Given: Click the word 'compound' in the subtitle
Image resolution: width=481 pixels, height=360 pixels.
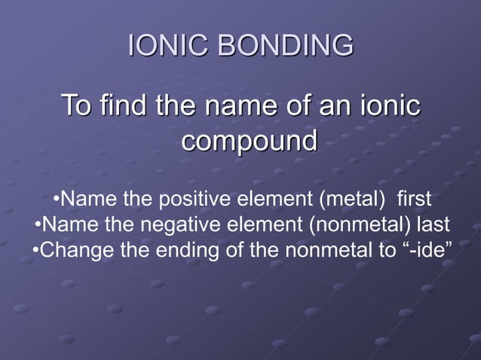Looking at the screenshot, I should click(249, 140).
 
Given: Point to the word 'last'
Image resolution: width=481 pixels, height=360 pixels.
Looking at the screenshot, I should click(434, 224).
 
